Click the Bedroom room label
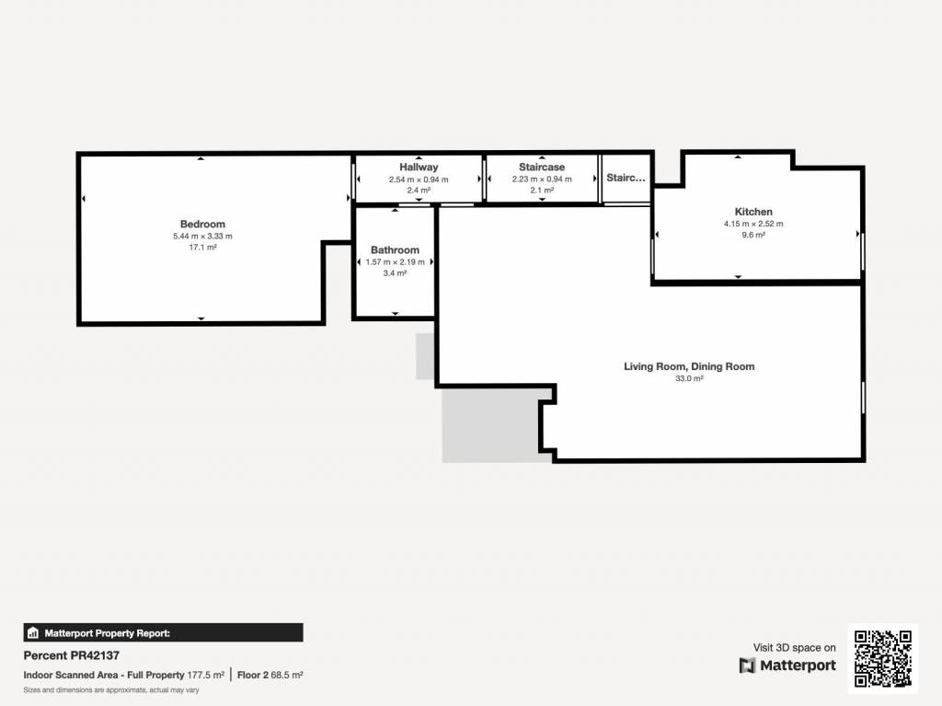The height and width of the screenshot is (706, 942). (x=202, y=225)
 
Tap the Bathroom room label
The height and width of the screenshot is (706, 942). (x=395, y=250)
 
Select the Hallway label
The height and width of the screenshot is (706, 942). (x=419, y=168)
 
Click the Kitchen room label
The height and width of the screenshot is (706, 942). (x=753, y=212)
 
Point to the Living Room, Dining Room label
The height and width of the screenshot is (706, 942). (x=689, y=366)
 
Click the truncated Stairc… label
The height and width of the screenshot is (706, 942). (x=626, y=178)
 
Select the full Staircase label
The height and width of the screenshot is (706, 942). (x=542, y=168)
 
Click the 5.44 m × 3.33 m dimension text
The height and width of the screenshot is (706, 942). (x=202, y=237)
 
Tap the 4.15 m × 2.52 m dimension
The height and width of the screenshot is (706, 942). (x=753, y=224)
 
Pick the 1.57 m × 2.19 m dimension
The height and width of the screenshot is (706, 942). (x=395, y=262)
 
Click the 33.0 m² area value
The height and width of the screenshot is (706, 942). (x=689, y=378)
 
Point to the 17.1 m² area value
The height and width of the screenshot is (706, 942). (x=202, y=248)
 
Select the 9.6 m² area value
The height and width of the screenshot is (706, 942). (x=753, y=235)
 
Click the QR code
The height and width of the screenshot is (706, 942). (x=882, y=658)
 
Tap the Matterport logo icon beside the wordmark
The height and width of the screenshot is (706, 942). (x=747, y=665)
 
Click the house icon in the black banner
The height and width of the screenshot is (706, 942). (x=33, y=632)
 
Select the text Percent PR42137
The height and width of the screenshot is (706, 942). (x=72, y=655)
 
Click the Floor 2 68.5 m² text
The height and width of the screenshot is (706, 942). (x=270, y=676)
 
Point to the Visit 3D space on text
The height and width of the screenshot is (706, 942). (x=794, y=648)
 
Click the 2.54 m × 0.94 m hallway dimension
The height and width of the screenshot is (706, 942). (x=419, y=179)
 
